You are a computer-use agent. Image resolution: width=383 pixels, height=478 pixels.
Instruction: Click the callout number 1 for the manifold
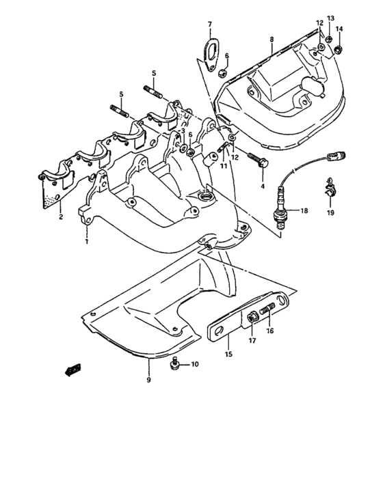click(87, 241)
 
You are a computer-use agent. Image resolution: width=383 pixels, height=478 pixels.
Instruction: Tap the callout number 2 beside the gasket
click(60, 216)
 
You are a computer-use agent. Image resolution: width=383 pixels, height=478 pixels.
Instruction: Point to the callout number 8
click(272, 40)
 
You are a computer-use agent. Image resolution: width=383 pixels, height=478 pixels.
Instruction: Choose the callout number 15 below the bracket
click(228, 354)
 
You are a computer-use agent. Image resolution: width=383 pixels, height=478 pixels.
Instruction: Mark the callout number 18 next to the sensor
click(304, 212)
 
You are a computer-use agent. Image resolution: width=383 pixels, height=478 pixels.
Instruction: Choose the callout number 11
click(223, 165)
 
